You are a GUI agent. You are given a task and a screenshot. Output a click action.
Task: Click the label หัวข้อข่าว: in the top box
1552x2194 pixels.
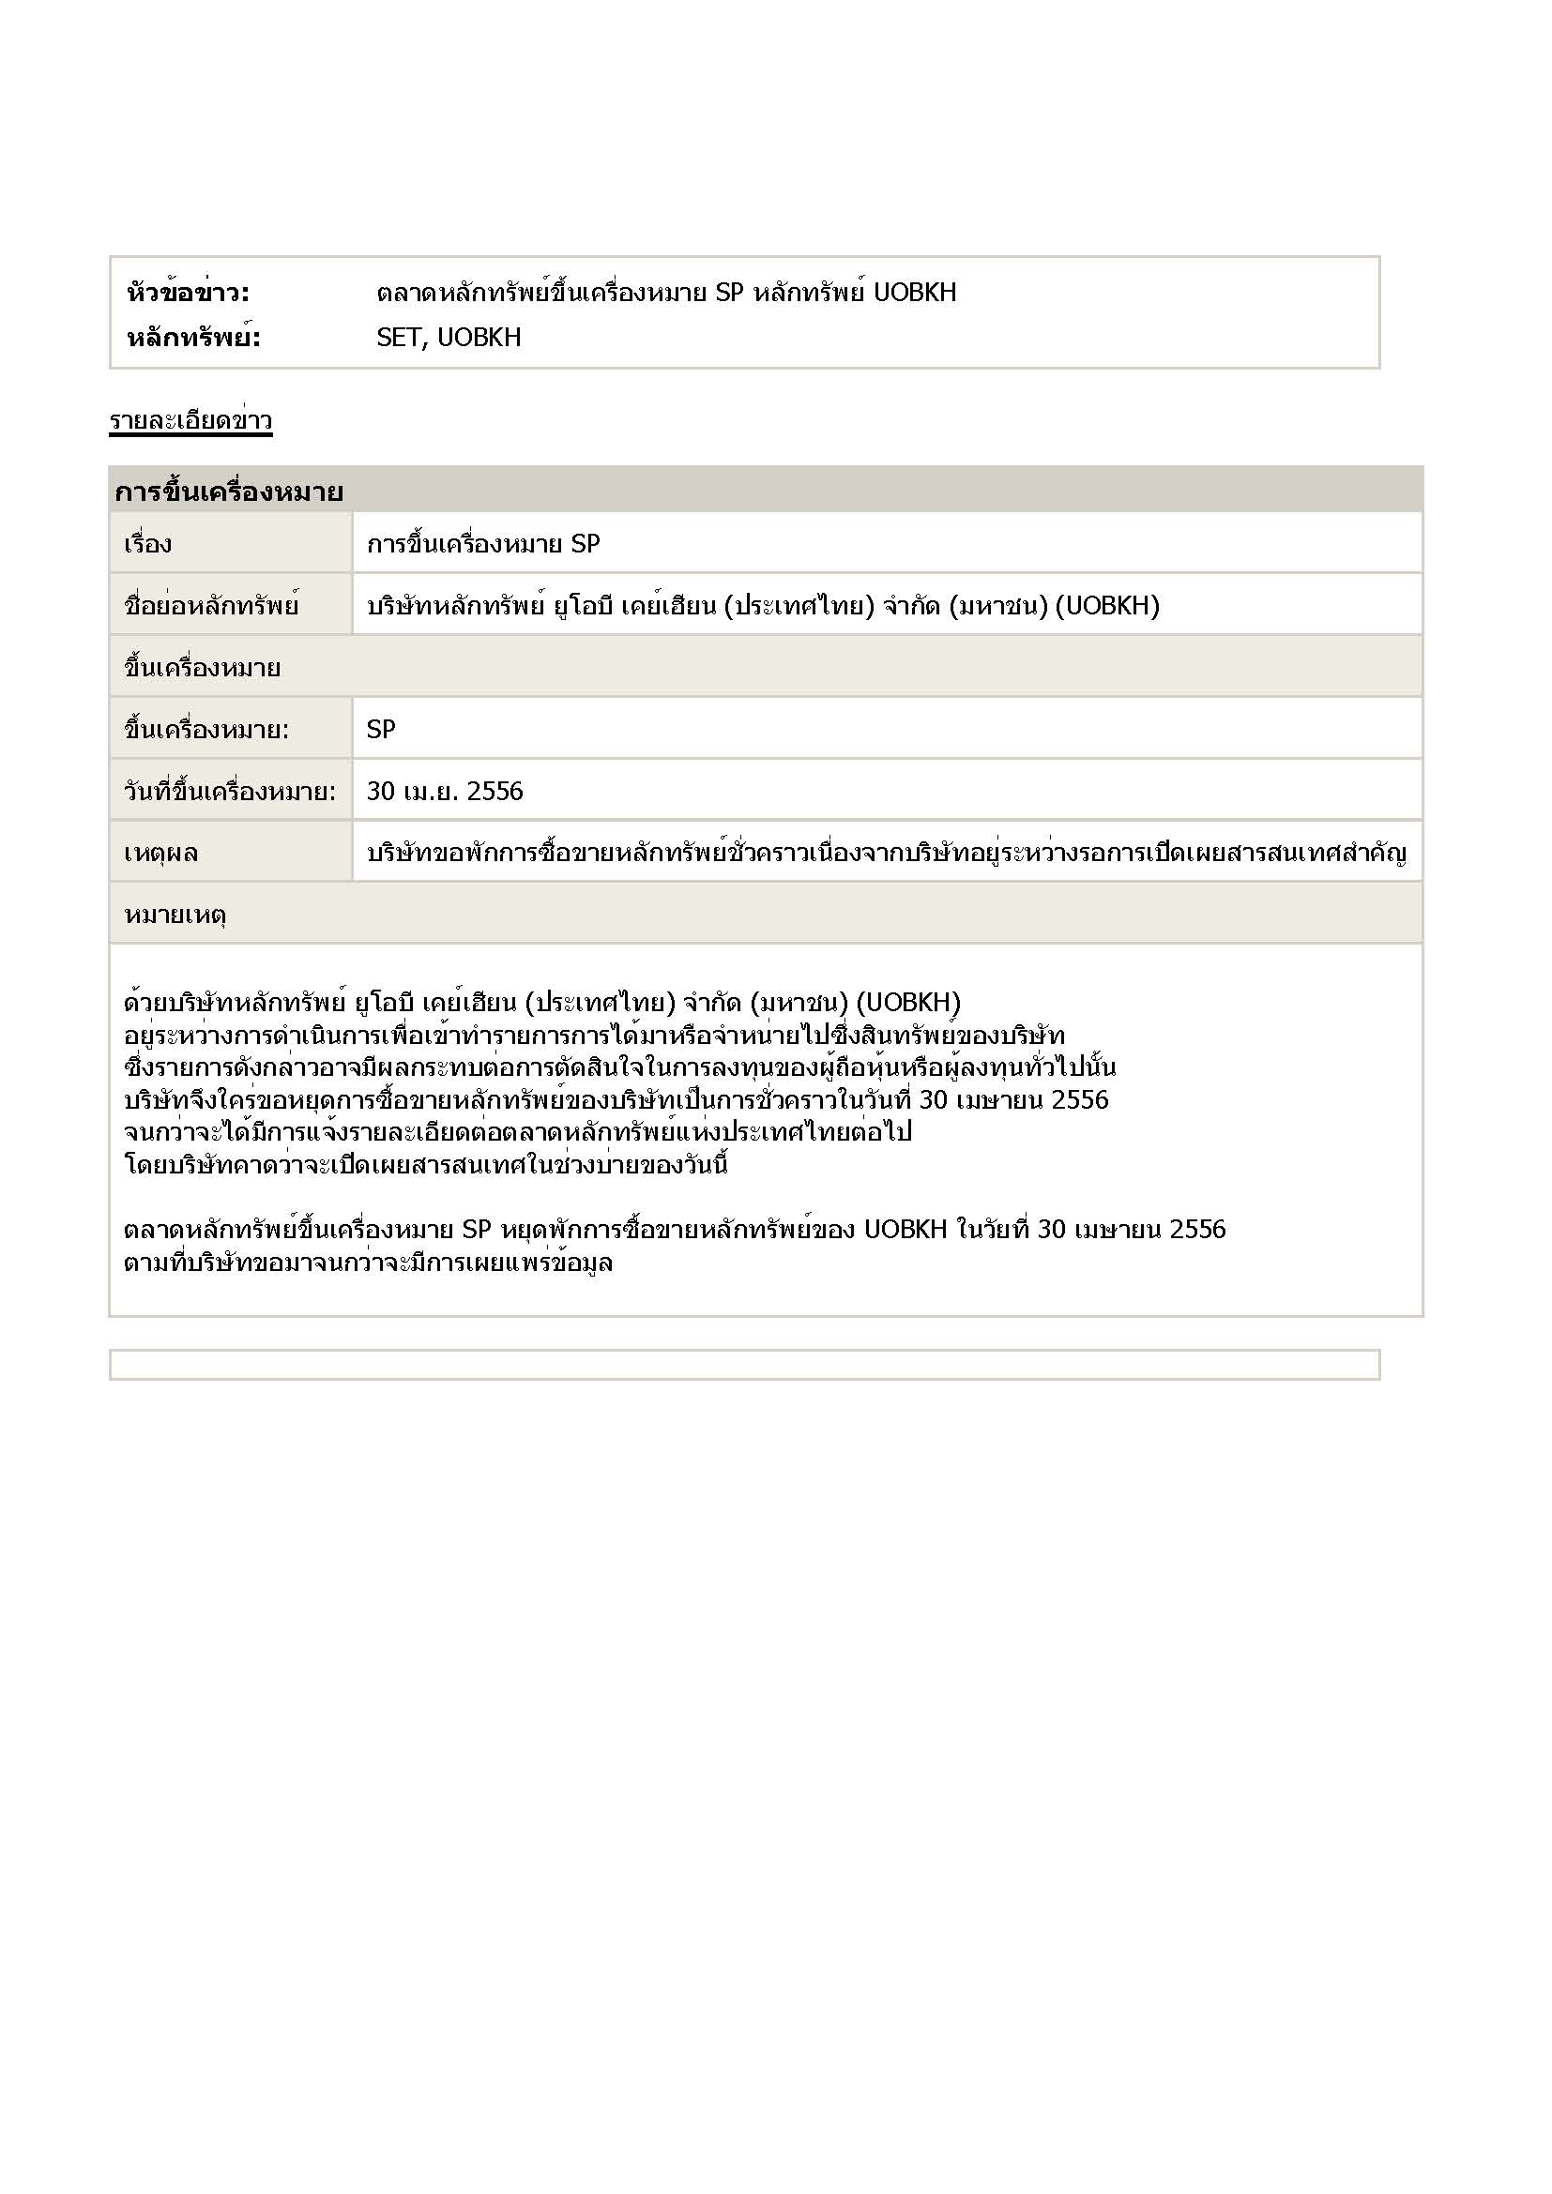pyautogui.click(x=188, y=293)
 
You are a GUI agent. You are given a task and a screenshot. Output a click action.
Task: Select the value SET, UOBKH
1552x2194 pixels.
pyautogui.click(x=449, y=338)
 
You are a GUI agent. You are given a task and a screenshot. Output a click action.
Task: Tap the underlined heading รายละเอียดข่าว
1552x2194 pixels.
pyautogui.click(x=190, y=420)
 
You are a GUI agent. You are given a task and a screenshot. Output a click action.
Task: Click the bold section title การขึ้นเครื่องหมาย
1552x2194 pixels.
pyautogui.click(x=228, y=492)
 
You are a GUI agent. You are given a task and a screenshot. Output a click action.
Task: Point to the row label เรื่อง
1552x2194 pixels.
pyautogui.click(x=147, y=544)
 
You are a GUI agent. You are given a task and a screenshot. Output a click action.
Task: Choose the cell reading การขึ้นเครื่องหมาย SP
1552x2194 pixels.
pyautogui.click(x=482, y=544)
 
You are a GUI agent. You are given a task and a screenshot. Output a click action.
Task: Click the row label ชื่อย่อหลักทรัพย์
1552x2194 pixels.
pyautogui.click(x=211, y=606)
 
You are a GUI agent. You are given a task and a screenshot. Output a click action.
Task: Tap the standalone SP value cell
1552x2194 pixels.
pyautogui.click(x=380, y=729)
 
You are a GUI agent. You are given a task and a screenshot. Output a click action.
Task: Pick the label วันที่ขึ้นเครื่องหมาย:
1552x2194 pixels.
pyautogui.click(x=229, y=792)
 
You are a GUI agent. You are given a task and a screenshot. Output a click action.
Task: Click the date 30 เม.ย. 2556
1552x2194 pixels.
pyautogui.click(x=445, y=792)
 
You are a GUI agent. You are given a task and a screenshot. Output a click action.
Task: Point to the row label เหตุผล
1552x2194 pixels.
pyautogui.click(x=160, y=853)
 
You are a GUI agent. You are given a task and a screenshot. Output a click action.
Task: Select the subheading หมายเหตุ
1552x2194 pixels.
pyautogui.click(x=174, y=915)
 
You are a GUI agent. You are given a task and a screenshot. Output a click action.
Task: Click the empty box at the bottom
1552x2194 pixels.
pyautogui.click(x=743, y=1365)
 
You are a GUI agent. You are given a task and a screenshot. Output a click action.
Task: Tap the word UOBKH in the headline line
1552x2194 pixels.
pyautogui.click(x=915, y=293)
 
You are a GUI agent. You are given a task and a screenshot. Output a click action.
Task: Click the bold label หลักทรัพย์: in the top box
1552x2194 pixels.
pyautogui.click(x=193, y=338)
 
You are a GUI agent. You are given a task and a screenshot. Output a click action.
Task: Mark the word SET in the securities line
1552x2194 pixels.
pyautogui.click(x=400, y=338)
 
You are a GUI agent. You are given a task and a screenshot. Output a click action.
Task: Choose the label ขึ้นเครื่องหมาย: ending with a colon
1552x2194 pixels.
pyautogui.click(x=205, y=730)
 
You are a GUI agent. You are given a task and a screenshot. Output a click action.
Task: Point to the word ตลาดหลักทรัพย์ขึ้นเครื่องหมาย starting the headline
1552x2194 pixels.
pyautogui.click(x=540, y=293)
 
